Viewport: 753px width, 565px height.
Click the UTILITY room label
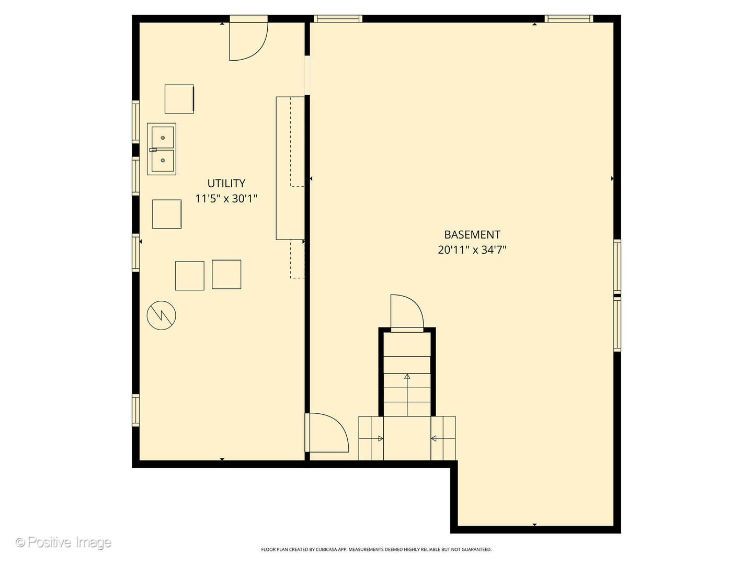tap(226, 183)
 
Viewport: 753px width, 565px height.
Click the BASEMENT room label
tap(472, 234)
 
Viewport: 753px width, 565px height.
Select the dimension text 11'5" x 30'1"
tap(226, 199)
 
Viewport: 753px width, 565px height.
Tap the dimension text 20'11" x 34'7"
tap(472, 250)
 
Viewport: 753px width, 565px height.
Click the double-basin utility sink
tap(162, 149)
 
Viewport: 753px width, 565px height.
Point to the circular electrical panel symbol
tap(162, 315)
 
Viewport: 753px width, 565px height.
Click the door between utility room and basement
tap(326, 433)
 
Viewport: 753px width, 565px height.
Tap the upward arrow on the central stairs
tap(407, 377)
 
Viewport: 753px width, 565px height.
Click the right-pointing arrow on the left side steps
tap(380, 438)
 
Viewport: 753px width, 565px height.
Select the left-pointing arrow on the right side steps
tap(434, 438)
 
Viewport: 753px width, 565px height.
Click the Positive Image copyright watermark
tap(63, 542)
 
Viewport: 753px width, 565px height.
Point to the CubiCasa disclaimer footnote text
tap(376, 549)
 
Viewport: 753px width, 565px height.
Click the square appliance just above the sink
tap(179, 99)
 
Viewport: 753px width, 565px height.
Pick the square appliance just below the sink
tap(167, 214)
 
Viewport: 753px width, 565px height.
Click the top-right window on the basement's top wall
tap(568, 19)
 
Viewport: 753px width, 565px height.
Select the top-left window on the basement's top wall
tap(338, 19)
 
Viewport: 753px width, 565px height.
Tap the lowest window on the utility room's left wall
tap(135, 410)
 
